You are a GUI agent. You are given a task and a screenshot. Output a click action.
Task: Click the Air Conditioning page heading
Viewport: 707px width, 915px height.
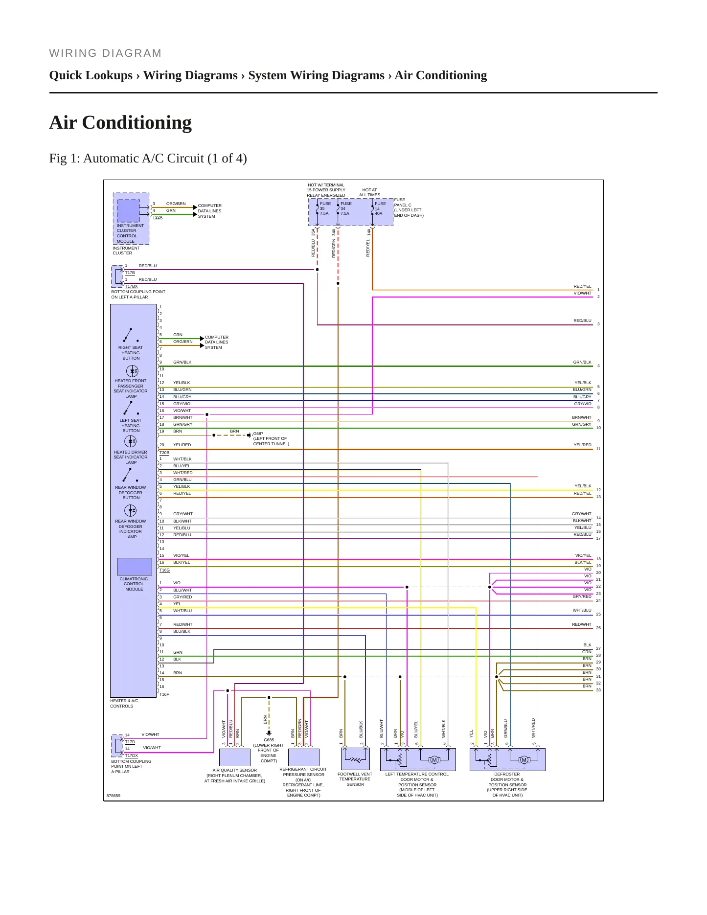pos(120,122)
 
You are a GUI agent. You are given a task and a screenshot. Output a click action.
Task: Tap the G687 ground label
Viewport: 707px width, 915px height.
pos(258,434)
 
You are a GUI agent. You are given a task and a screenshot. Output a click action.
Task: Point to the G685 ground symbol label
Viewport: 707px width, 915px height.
pos(269,740)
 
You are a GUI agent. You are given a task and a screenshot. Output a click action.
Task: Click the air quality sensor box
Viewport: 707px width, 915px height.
pos(235,757)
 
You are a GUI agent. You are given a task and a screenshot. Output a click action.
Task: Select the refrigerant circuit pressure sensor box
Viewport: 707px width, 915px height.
pos(304,757)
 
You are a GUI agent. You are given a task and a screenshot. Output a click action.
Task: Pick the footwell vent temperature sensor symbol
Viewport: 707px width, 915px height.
pos(355,759)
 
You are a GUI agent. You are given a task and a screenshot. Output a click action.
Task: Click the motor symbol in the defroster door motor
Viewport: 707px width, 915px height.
pos(524,760)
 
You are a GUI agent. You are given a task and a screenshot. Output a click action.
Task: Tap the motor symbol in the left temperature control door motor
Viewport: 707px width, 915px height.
pos(434,760)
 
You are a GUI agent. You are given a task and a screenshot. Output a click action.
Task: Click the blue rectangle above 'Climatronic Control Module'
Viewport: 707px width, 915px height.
pos(135,567)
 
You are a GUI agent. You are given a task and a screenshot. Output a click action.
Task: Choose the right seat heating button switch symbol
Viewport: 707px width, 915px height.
pos(131,335)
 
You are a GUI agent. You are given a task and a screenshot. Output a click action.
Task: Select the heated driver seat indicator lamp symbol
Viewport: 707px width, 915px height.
pos(131,441)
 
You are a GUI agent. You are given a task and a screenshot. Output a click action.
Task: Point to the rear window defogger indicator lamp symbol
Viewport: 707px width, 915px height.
pos(131,511)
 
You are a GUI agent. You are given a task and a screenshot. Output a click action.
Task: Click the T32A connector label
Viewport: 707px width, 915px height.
pos(158,217)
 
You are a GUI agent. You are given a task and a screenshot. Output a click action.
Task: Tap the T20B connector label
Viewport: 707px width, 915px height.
pos(164,453)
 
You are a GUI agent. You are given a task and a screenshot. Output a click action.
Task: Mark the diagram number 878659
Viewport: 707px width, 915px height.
pos(114,796)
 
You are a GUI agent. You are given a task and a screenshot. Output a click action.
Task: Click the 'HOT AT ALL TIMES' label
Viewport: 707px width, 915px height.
pos(370,192)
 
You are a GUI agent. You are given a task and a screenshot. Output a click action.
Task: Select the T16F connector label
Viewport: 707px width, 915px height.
pos(164,694)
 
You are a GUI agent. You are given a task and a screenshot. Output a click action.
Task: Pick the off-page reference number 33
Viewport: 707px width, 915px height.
pos(598,690)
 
